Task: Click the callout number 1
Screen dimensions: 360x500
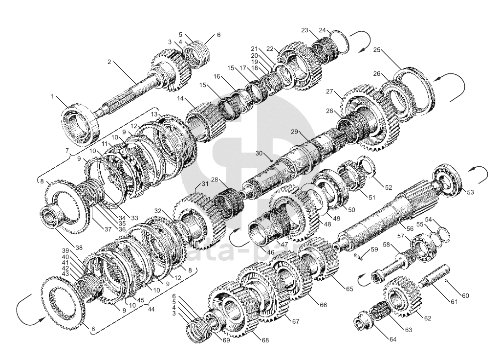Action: point(52,96)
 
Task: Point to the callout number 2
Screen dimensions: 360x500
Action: point(109,62)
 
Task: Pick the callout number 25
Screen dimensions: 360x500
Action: point(376,50)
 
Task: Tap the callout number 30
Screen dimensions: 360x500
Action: point(259,153)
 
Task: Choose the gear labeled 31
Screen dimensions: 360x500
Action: point(196,215)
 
